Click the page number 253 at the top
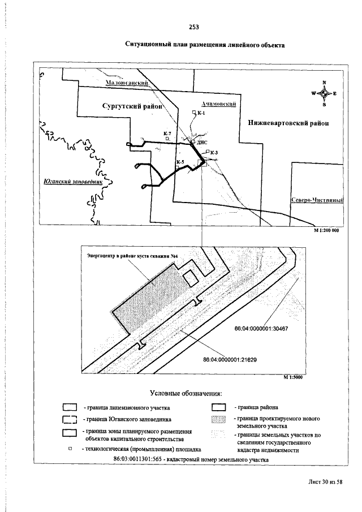click(x=194, y=27)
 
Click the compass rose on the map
click(x=324, y=93)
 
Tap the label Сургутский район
click(x=132, y=106)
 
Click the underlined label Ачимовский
click(x=218, y=104)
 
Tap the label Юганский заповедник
click(x=71, y=182)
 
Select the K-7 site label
click(x=167, y=134)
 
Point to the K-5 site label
click(x=180, y=162)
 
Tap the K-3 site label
click(x=214, y=152)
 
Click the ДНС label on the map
click(x=202, y=143)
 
